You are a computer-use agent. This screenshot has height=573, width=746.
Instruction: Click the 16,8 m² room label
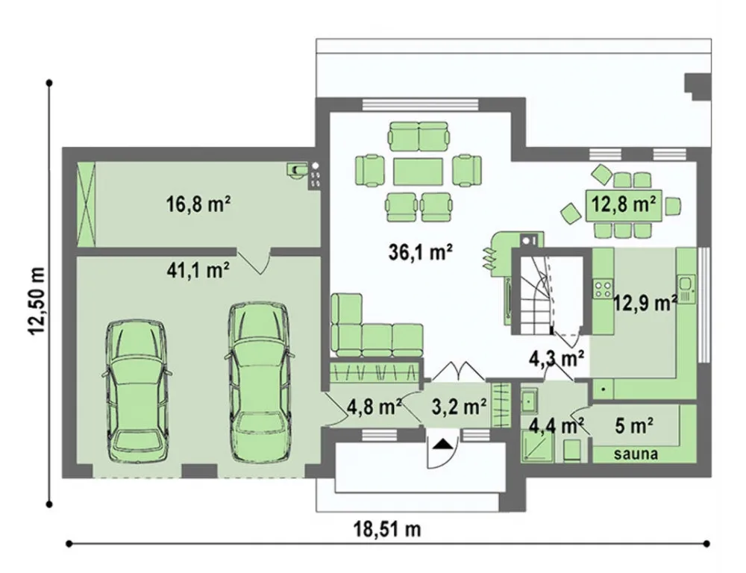[x=198, y=204]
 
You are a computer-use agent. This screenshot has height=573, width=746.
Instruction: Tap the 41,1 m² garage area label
[x=198, y=270]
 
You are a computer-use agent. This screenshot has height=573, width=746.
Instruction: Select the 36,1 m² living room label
[x=420, y=252]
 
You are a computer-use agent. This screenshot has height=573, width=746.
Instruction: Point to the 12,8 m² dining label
[x=623, y=204]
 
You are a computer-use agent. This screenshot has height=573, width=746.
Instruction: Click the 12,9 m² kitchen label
[x=645, y=302]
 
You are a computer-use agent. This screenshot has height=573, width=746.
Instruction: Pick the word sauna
[x=636, y=454]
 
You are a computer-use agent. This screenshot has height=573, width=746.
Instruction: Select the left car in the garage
[x=137, y=391]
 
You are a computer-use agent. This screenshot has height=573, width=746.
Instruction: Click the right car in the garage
[x=260, y=382]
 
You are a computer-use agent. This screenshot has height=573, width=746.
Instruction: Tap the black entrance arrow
[x=443, y=444]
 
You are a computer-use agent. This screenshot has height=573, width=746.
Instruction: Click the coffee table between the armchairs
[x=419, y=172]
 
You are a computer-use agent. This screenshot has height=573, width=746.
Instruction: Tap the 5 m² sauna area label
[x=634, y=426]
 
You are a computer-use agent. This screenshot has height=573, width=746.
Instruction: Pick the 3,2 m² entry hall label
[x=459, y=407]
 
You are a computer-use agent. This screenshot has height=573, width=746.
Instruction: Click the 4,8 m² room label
[x=374, y=407]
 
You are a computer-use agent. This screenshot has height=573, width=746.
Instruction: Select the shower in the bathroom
[x=537, y=446]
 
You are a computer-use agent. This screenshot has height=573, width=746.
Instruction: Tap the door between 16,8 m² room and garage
[x=254, y=261]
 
